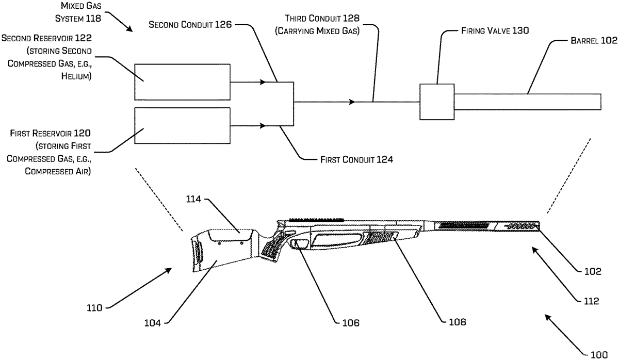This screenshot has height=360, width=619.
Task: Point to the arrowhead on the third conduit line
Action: pos(352,102)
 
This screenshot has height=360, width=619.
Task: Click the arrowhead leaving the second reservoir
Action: pos(263,82)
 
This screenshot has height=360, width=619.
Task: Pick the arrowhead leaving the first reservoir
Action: pos(263,126)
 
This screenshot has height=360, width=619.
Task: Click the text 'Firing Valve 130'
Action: pos(495,30)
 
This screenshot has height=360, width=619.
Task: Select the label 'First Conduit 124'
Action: pos(356,159)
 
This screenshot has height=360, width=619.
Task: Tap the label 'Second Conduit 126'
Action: pos(190,24)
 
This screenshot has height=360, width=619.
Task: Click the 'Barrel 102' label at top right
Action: pos(594,41)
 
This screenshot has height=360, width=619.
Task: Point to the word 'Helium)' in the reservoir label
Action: pos(76,76)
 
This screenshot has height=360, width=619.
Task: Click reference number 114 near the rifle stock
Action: pos(193,199)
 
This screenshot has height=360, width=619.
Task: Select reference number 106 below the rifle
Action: pos(351,323)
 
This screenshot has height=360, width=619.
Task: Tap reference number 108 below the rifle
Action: pos(458,322)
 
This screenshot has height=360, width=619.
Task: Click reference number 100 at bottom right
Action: pos(599,354)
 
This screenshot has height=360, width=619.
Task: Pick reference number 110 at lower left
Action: pos(94,308)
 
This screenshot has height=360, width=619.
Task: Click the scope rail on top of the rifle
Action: pos(316,220)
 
